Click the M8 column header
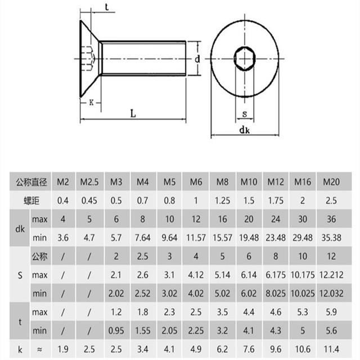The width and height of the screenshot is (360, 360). tap(223, 182)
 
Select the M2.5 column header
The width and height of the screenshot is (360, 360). tap(89, 182)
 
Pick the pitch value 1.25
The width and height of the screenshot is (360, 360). tap(223, 200)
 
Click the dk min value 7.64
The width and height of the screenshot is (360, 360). tap(143, 237)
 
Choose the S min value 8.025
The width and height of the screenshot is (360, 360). tap(276, 294)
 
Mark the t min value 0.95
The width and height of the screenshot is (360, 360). tap(116, 331)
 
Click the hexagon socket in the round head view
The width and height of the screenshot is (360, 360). tap(244, 58)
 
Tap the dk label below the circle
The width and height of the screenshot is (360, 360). tap(244, 130)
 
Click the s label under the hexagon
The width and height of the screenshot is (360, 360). tap(244, 114)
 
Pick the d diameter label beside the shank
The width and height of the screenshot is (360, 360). tap(197, 58)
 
